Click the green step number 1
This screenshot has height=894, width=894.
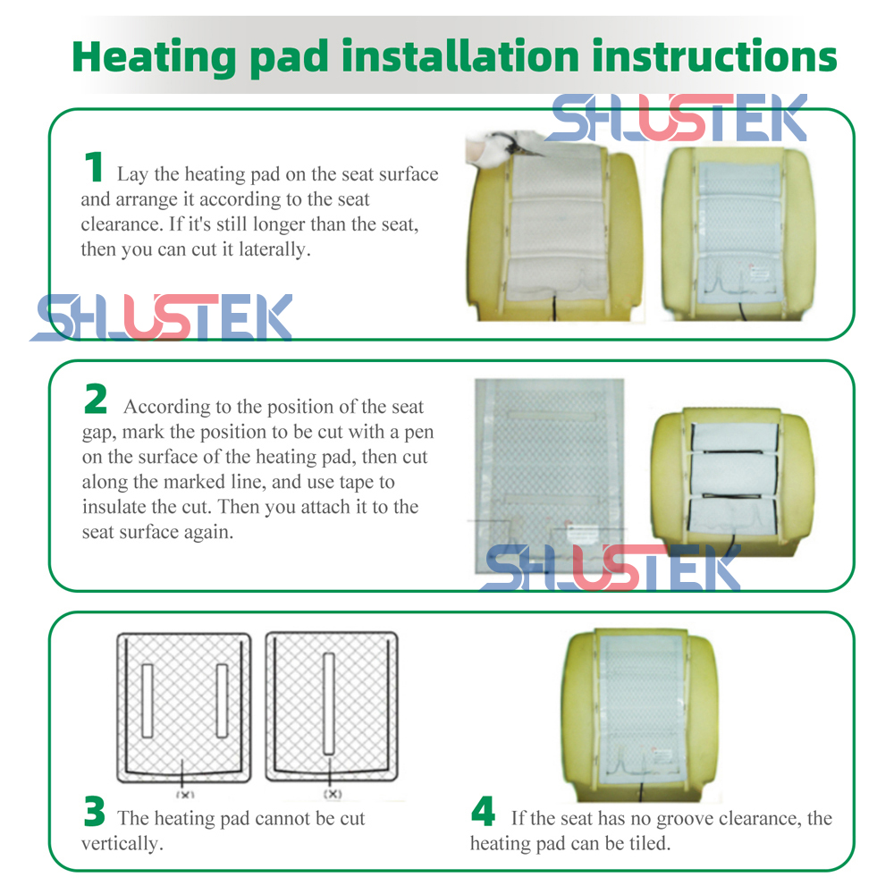click(x=94, y=166)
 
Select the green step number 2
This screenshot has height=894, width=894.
click(x=96, y=399)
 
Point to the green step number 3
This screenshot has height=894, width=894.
click(x=94, y=811)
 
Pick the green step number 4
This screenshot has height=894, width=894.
click(x=483, y=811)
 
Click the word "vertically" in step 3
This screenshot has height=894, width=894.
click(x=122, y=843)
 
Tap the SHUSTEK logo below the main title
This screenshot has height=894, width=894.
click(x=677, y=117)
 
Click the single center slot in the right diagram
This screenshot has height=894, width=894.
click(x=328, y=704)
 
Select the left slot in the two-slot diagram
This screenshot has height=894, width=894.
click(x=148, y=701)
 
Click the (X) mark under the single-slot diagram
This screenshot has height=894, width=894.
click(x=333, y=794)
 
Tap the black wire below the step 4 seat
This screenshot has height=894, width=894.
click(x=643, y=792)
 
